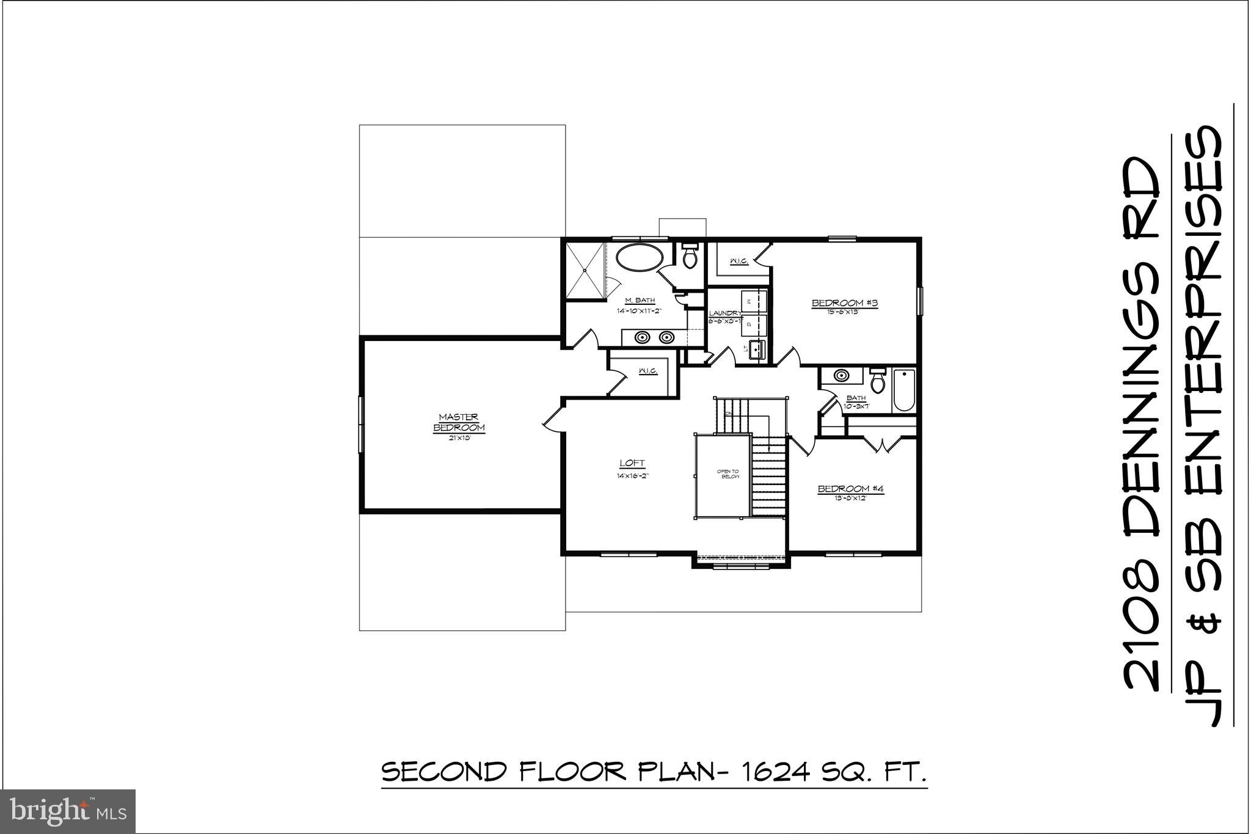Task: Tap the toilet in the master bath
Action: [690, 257]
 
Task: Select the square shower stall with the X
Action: [585, 270]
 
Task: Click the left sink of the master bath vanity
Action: [641, 337]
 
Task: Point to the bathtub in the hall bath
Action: [904, 390]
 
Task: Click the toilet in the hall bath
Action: [878, 381]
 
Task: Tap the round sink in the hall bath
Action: [841, 375]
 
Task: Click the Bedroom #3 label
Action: [844, 303]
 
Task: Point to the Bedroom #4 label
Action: [850, 489]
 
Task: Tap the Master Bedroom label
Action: [459, 422]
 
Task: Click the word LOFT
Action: [632, 463]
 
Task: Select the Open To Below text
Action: [728, 474]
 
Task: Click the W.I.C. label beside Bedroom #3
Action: [739, 262]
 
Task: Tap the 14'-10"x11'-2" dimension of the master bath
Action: [640, 310]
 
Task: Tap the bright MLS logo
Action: [68, 811]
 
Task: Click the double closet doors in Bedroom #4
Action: [882, 444]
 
